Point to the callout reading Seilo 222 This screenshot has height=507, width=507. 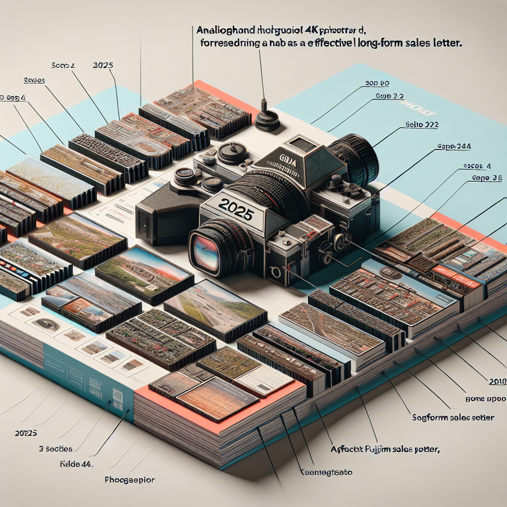421,125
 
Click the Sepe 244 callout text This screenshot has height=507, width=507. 454,147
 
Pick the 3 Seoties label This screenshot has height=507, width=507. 55,449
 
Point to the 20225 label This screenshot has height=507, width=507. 23,433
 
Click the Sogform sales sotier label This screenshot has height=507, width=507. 453,417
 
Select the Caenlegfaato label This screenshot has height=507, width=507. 327,472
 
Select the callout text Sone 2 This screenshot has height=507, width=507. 63,65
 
